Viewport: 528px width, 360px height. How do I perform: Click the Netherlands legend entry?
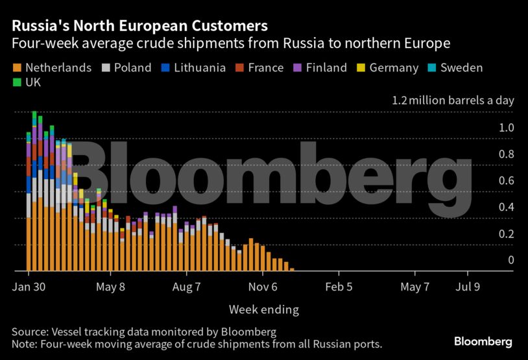(x=52, y=67)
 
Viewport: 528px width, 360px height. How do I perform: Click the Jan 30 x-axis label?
(x=29, y=287)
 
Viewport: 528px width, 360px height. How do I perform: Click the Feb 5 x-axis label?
(x=340, y=287)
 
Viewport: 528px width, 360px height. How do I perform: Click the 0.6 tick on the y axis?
(x=506, y=180)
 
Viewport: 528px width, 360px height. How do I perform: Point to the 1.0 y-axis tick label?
(x=506, y=128)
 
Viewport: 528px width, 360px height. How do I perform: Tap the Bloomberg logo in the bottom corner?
(x=483, y=341)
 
